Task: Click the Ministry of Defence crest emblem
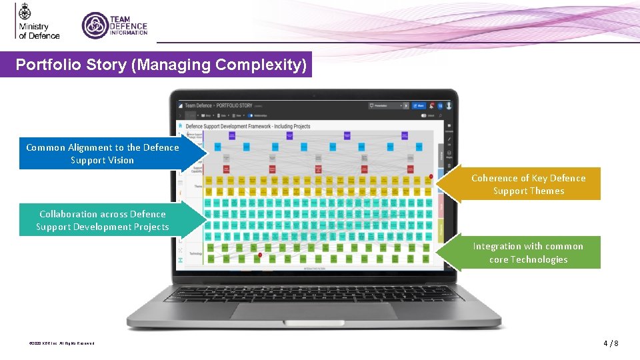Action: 25,12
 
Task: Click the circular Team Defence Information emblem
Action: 95,25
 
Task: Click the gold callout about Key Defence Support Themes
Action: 528,185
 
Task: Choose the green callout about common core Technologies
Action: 528,253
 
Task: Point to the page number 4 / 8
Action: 611,343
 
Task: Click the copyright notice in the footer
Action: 61,343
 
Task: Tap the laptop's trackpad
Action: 313,311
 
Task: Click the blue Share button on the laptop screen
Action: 419,105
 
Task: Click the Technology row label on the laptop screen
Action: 196,253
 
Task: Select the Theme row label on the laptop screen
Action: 198,187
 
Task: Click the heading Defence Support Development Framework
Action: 247,126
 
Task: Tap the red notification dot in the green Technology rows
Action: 260,255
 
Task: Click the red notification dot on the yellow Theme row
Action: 431,177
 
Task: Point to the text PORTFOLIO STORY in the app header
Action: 234,105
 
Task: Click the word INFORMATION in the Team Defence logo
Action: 129,33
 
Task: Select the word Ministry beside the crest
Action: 33,27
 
